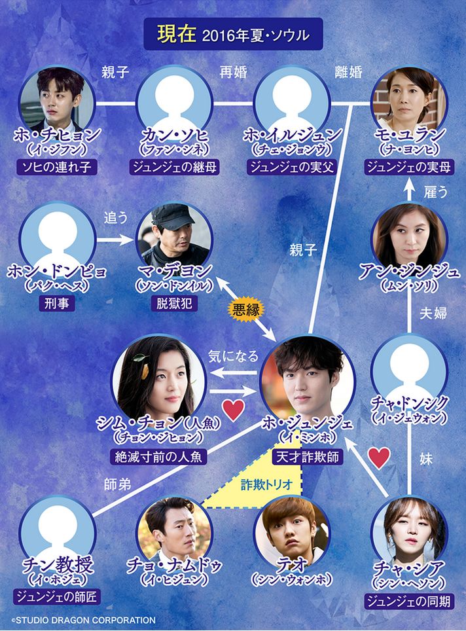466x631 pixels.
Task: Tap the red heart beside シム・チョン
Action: click(234, 410)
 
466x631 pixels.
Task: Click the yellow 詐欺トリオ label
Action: click(267, 484)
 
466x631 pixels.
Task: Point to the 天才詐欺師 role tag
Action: click(308, 457)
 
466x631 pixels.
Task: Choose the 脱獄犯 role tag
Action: click(174, 304)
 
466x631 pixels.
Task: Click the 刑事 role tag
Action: click(57, 304)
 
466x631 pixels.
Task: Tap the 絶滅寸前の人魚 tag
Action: click(158, 457)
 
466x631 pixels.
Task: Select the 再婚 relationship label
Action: click(234, 73)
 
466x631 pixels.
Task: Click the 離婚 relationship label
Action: click(349, 73)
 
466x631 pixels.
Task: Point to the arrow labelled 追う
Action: click(115, 240)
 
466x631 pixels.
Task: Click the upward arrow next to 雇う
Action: click(409, 189)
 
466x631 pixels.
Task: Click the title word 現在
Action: click(176, 34)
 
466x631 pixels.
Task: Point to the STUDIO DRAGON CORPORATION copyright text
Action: click(83, 620)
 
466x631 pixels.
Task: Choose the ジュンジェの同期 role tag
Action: click(409, 602)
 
